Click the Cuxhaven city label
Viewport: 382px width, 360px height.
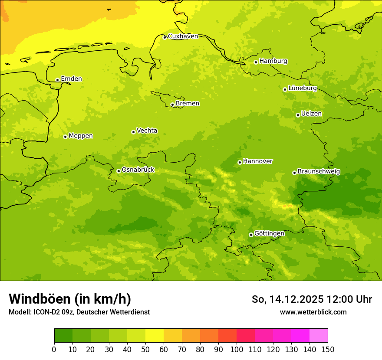pos(183,36)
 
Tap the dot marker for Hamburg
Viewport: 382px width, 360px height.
pos(256,62)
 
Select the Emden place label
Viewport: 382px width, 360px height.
pos(71,79)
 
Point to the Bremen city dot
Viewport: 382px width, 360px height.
pos(172,105)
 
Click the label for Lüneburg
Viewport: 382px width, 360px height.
pos(303,88)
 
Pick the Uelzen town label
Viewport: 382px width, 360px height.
pos(311,114)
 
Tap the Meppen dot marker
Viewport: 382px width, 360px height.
pos(65,137)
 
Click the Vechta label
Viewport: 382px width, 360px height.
pos(147,131)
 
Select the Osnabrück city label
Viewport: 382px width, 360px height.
pos(138,170)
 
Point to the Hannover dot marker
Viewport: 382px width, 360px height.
pos(240,162)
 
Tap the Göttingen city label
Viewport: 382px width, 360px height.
pos(269,233)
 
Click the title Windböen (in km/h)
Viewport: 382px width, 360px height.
pos(70,299)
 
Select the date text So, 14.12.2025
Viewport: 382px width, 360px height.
pos(288,299)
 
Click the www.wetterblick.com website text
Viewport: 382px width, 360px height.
pos(313,312)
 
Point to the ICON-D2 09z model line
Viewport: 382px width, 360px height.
pos(79,312)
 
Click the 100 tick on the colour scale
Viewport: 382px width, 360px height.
pos(237,349)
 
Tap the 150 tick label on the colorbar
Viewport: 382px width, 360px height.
pos(328,349)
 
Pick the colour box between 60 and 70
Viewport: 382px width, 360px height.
pos(173,335)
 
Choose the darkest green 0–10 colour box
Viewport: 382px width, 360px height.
pos(63,335)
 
